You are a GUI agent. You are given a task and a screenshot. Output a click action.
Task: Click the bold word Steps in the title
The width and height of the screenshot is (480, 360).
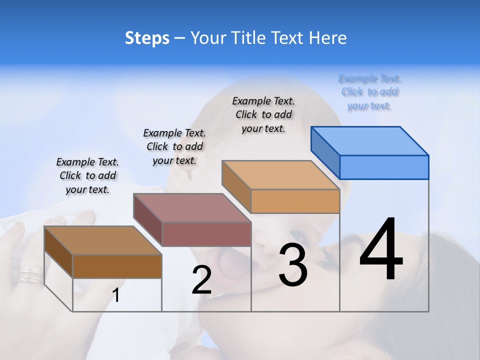coord(147,38)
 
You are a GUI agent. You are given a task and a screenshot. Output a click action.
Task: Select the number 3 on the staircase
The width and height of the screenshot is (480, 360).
coord(293,265)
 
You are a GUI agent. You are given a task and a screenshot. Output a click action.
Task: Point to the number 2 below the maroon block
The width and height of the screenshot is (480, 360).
coord(201,280)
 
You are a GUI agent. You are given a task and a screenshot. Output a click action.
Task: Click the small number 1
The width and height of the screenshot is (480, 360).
coord(116,295)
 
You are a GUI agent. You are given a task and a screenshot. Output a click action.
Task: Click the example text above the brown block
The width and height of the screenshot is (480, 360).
coord(87,175)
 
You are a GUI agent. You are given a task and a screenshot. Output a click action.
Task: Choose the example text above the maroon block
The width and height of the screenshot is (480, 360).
coord(174,146)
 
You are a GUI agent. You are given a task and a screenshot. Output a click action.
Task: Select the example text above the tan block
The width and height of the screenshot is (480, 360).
coord(263,114)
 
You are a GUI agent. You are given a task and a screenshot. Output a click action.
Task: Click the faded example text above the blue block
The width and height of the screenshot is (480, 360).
coord(369,92)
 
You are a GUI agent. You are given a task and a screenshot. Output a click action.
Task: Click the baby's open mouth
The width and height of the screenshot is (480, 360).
coord(228,263)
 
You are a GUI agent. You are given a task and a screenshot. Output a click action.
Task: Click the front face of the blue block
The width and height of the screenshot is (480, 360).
coord(384,167)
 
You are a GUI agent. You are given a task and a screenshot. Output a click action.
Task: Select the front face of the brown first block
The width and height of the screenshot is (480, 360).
coord(117,266)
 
